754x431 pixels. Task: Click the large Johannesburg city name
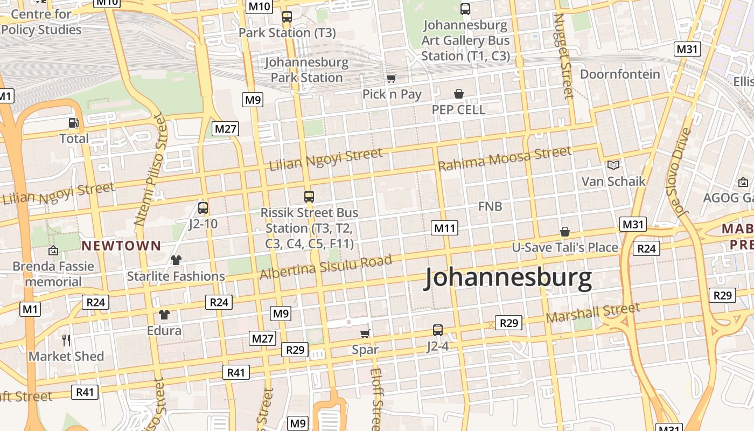coord(508,279)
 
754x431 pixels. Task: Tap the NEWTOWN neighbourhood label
coord(121,246)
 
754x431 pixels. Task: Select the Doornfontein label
coord(620,74)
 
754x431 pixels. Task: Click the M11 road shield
coord(445,228)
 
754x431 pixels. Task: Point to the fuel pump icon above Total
coord(74,123)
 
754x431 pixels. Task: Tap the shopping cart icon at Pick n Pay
coord(392,79)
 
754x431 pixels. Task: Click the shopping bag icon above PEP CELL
coord(459,94)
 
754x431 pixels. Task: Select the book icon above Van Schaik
coord(613,165)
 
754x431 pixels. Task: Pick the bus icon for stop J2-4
coord(438,330)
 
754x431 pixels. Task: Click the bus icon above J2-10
coord(203,208)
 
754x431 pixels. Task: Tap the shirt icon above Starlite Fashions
coord(176,260)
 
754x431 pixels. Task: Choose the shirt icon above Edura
coord(164,315)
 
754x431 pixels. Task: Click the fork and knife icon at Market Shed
coord(66,340)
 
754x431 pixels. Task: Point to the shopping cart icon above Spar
coord(365,334)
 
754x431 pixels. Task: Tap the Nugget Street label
coord(564,56)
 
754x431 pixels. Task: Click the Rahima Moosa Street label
coord(505,158)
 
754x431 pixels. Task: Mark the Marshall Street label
coord(593,312)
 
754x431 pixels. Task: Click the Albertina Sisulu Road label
coord(325,267)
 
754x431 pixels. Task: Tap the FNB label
coord(490,206)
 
